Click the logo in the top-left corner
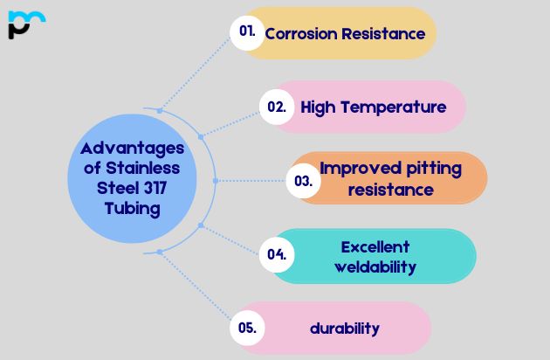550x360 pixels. pyautogui.click(x=26, y=24)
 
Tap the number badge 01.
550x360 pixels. pyautogui.click(x=247, y=31)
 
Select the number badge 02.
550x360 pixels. pyautogui.click(x=277, y=107)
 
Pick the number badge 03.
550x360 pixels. pyautogui.click(x=303, y=181)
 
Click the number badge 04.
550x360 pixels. pyautogui.click(x=278, y=255)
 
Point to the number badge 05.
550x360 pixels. pyautogui.click(x=247, y=329)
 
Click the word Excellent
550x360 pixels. pyautogui.click(x=375, y=246)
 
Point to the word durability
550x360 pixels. pyautogui.click(x=345, y=329)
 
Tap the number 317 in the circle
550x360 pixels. pyautogui.click(x=151, y=188)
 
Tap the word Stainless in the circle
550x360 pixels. pyautogui.click(x=141, y=168)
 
